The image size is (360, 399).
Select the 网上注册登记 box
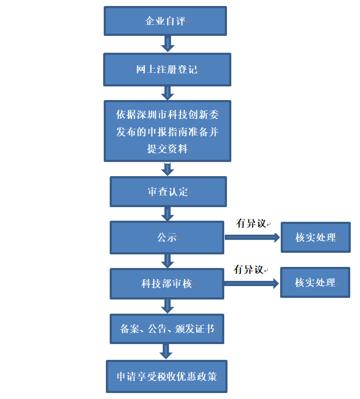coord(167,70)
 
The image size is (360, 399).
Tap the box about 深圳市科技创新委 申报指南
coord(167,131)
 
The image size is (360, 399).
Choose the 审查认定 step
coord(168,191)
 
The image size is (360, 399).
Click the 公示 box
coord(167,238)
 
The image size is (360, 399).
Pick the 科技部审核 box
coord(167,283)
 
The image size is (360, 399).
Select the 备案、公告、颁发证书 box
coord(167,329)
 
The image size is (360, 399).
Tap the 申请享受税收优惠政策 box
coord(167,376)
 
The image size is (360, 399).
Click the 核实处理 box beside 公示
coord(315,238)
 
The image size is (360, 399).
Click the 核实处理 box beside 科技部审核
coord(315,283)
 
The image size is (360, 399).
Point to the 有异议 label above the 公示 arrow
coord(251,223)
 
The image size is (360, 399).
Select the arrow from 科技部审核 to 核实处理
coord(251,283)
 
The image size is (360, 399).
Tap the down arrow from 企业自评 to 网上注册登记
coord(168,43)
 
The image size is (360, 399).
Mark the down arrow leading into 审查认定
coord(168,169)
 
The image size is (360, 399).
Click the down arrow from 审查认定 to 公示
coord(168,214)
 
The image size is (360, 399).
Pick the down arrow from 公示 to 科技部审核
coord(168,261)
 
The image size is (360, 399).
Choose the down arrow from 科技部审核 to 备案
coord(168,306)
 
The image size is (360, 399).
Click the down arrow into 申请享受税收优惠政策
coord(168,352)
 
